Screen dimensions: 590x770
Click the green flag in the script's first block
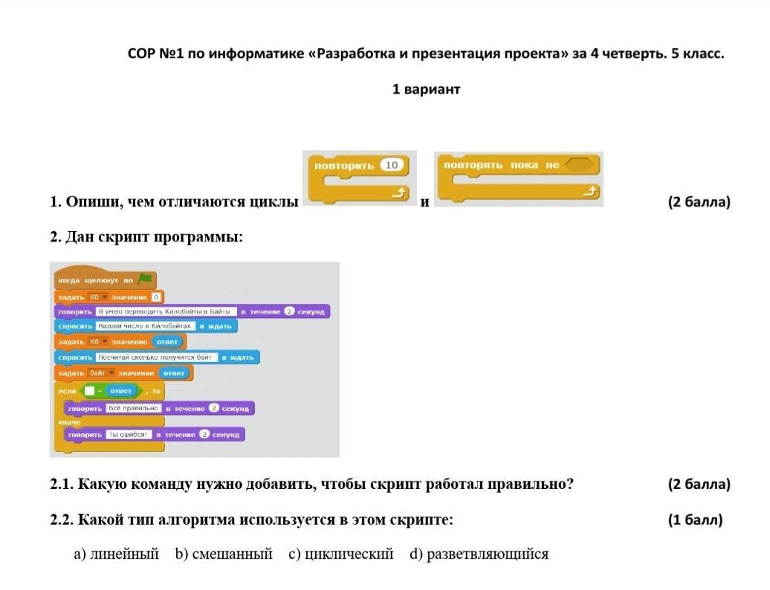(x=144, y=279)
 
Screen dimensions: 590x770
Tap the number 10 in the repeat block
(x=392, y=165)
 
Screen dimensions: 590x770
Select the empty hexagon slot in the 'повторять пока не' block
(x=581, y=164)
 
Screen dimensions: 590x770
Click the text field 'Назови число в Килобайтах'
(x=145, y=326)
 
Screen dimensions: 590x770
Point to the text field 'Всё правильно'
(x=134, y=408)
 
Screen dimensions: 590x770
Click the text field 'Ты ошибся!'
(x=129, y=434)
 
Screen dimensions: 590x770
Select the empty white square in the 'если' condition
(x=89, y=390)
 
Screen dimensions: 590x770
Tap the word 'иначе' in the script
(x=69, y=421)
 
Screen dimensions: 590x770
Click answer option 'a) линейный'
(x=116, y=554)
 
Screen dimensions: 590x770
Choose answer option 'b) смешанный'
(x=224, y=554)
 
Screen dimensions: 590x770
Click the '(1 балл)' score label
(x=694, y=519)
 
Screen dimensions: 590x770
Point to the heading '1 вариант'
(x=426, y=89)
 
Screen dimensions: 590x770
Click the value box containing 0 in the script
(x=156, y=297)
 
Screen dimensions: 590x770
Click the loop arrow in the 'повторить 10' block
(x=400, y=193)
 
